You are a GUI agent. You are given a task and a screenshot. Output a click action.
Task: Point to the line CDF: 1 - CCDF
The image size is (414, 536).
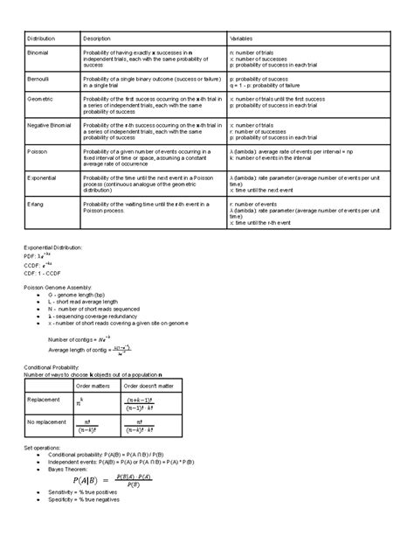[48, 274]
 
